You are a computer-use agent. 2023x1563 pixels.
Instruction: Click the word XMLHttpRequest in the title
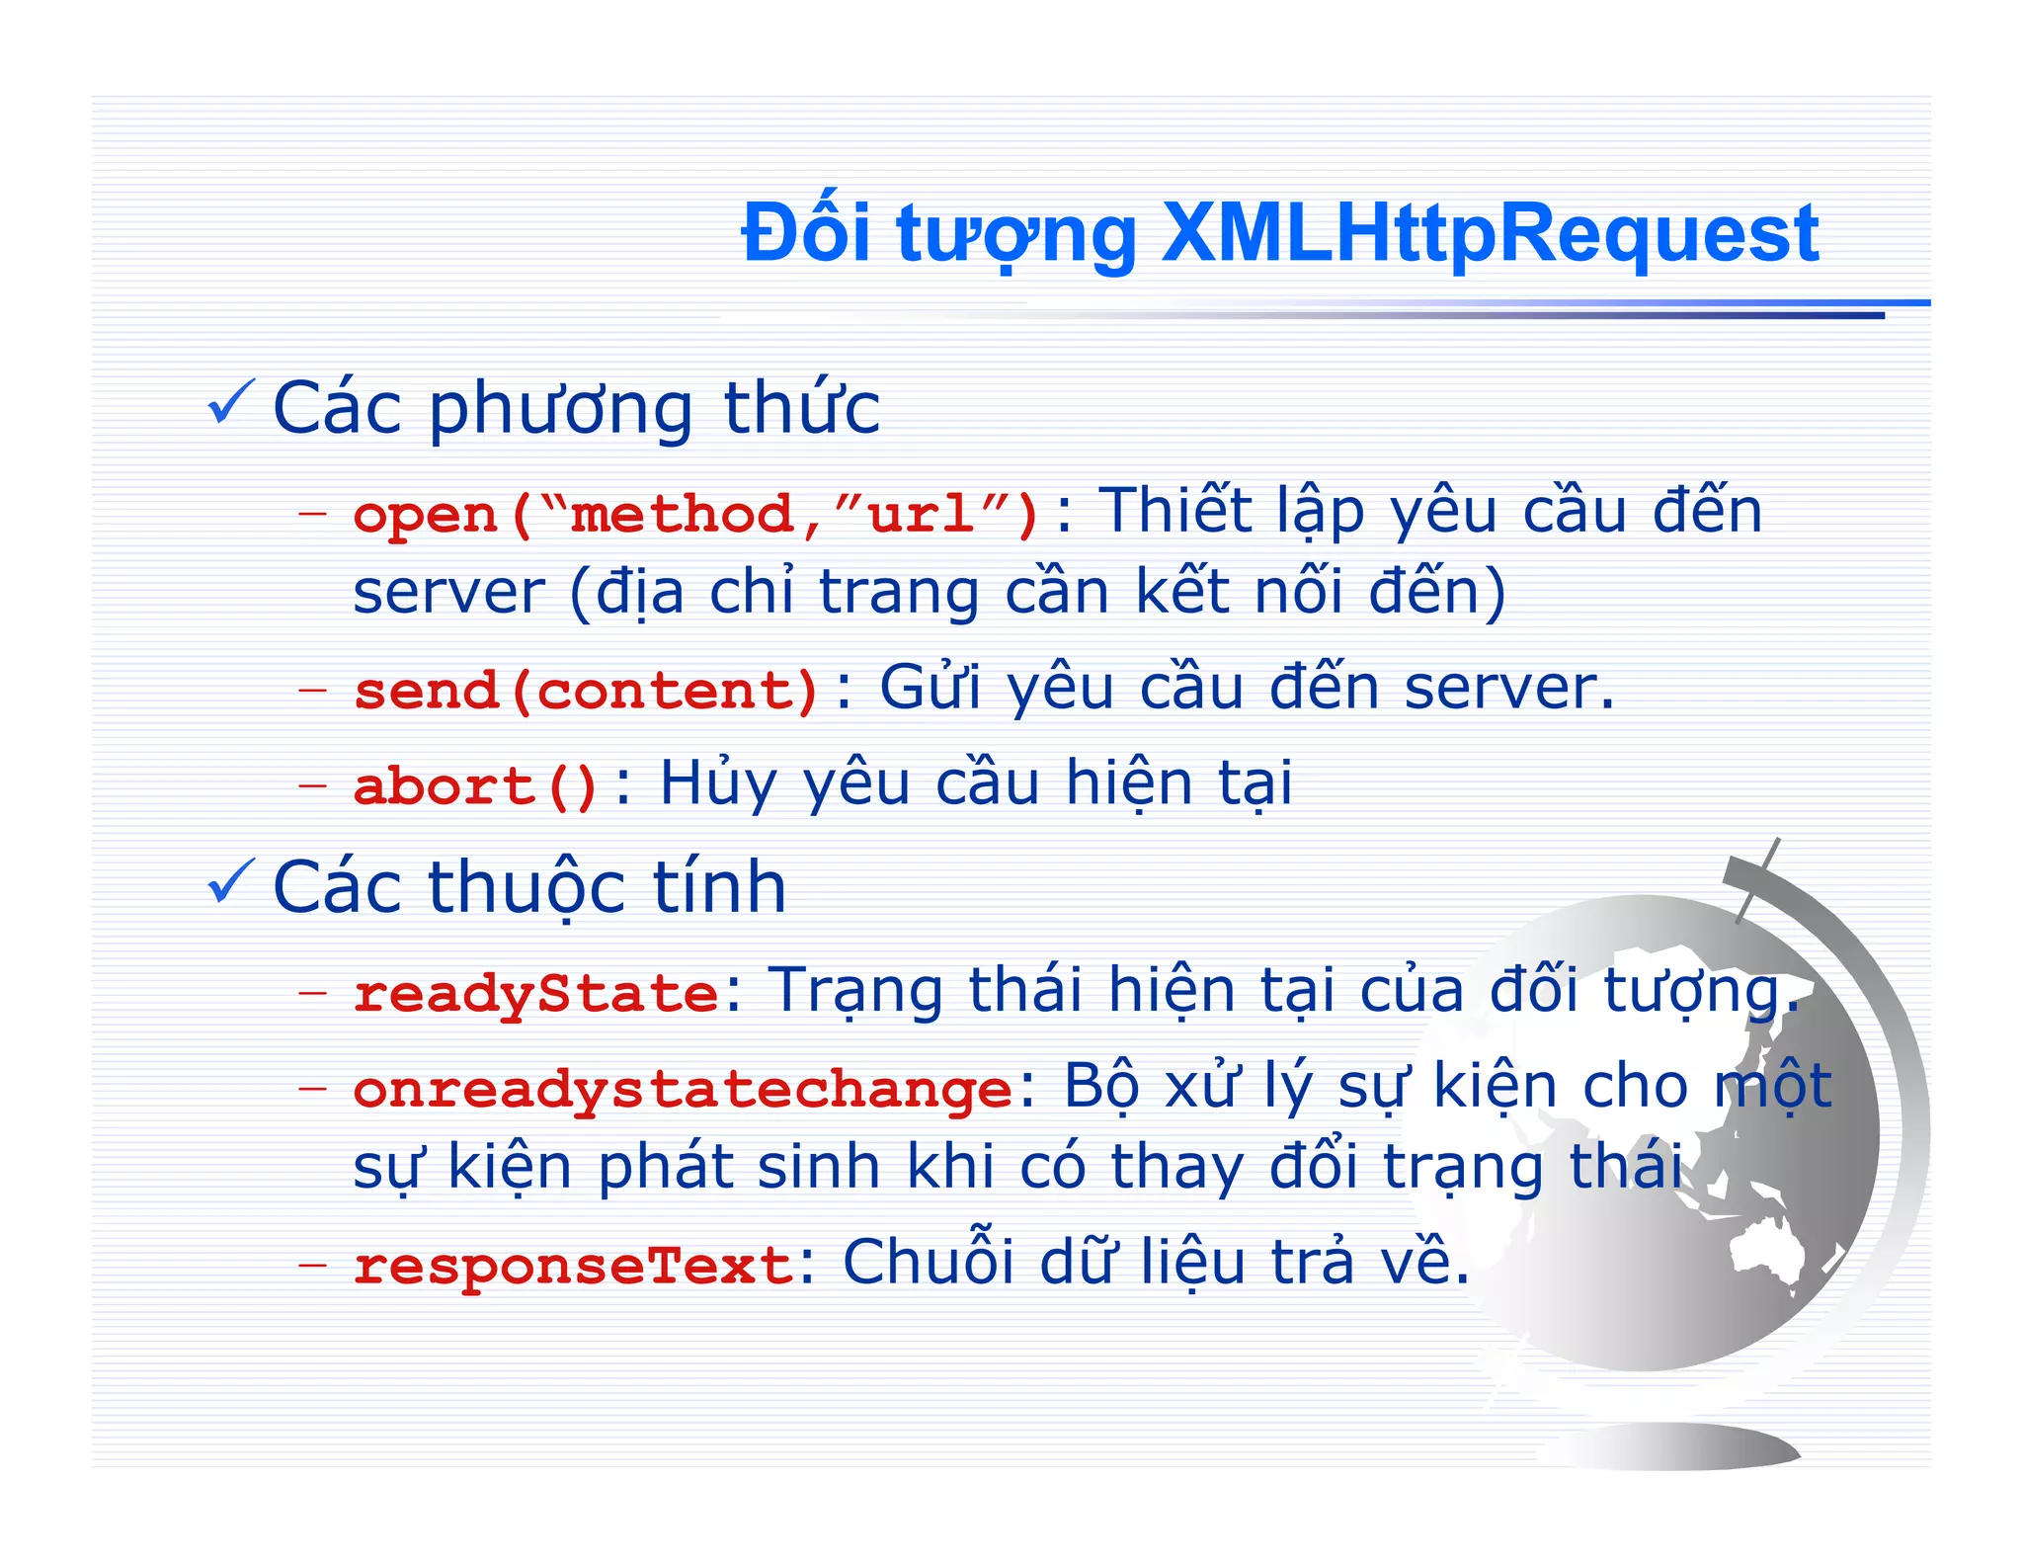[1490, 235]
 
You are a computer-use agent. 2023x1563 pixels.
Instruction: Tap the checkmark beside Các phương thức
[231, 403]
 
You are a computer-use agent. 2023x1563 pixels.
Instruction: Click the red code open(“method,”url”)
[695, 515]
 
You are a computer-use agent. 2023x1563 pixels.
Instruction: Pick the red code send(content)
[586, 690]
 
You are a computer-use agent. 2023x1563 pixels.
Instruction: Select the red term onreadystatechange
[683, 1090]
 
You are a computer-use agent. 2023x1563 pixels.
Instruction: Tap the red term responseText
[573, 1266]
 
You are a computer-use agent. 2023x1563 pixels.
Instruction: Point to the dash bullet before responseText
[312, 1264]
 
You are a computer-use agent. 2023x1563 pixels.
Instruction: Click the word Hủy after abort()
[718, 784]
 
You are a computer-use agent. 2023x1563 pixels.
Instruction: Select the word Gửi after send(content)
[930, 687]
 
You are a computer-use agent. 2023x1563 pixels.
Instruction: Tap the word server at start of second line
[448, 593]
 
